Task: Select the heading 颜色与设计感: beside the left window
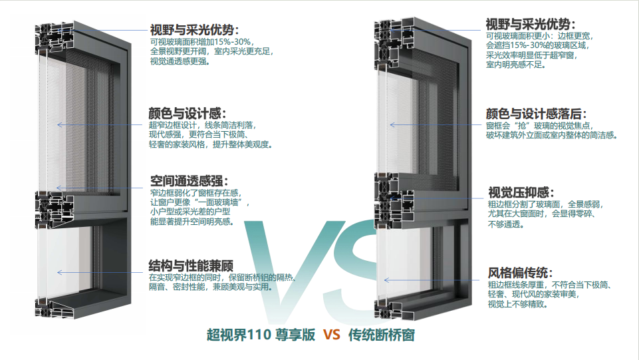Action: [x=187, y=113]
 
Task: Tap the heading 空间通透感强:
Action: [x=190, y=181]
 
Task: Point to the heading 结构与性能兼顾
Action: [x=191, y=266]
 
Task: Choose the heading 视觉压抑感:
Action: [x=521, y=192]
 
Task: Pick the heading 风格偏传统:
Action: [x=521, y=272]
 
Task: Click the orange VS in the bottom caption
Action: [x=332, y=335]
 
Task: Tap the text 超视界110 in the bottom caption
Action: [x=239, y=335]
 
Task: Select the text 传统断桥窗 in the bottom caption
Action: [x=382, y=335]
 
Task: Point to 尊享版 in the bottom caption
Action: [x=295, y=335]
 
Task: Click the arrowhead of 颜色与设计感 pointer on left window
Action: [x=59, y=124]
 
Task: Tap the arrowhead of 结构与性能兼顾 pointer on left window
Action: [x=59, y=272]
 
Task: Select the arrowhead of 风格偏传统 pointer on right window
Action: [x=386, y=280]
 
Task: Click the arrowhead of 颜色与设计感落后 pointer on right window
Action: [x=392, y=124]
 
